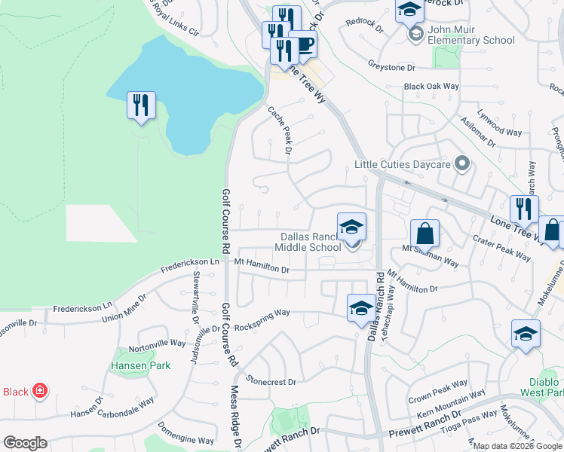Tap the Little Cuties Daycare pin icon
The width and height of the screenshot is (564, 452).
tap(463, 163)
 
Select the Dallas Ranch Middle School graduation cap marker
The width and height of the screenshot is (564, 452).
tap(351, 228)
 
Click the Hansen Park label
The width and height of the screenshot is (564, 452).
tap(141, 365)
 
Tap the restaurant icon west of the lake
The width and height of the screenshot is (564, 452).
tap(141, 105)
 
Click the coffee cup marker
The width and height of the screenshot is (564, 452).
tap(303, 46)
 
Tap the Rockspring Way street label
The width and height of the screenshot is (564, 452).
tap(262, 313)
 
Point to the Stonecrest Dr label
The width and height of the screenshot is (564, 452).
tap(270, 382)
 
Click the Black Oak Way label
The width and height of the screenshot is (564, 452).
tap(431, 87)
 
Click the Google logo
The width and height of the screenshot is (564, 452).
tap(25, 443)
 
